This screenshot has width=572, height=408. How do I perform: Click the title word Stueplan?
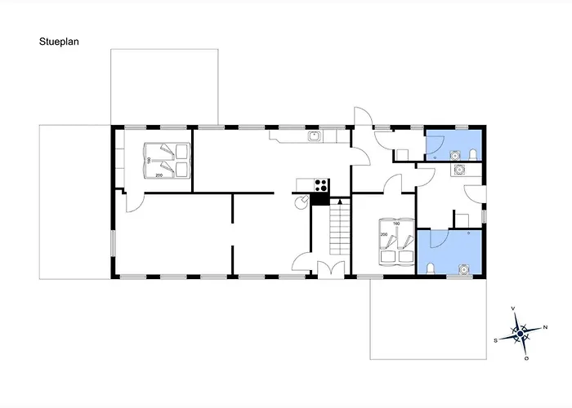tap(59, 42)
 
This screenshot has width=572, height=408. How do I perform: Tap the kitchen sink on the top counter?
tap(314, 136)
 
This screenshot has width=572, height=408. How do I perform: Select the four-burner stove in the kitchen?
tap(320, 184)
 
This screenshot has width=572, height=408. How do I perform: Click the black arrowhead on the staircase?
tap(340, 201)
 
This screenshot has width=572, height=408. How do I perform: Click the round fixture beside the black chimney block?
tap(302, 202)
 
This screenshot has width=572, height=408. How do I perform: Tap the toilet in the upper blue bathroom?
tap(473, 155)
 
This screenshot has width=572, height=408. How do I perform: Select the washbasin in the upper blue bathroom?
tap(454, 156)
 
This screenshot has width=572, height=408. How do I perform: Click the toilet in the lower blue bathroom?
tap(431, 268)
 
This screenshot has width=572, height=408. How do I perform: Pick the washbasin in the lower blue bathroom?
tap(463, 269)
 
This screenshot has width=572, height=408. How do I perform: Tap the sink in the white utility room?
tap(458, 170)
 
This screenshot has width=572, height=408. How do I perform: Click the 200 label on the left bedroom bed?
tap(159, 175)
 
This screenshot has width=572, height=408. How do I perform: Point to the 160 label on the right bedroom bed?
tap(396, 224)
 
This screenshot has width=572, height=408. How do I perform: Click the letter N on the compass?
tap(545, 327)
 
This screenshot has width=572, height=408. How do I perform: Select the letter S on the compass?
tap(495, 341)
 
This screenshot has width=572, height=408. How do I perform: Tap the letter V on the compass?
tap(513, 308)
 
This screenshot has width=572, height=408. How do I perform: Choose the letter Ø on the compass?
tap(527, 359)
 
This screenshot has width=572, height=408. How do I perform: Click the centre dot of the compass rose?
tap(521, 334)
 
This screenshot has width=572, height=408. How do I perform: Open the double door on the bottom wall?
tap(331, 270)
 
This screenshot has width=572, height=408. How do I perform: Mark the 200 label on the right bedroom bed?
tap(384, 235)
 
